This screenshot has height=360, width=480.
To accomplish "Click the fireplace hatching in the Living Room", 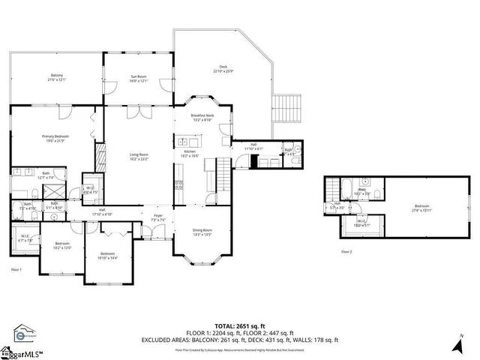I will click(x=98, y=157).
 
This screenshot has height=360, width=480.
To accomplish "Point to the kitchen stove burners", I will click(x=179, y=184).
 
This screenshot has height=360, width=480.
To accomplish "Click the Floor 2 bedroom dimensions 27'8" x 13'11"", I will click(x=423, y=211).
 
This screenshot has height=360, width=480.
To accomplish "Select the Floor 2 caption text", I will click(x=346, y=252).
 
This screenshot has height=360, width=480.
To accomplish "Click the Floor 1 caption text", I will click(x=16, y=268).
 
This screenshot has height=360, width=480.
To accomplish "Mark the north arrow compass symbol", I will click(x=458, y=346).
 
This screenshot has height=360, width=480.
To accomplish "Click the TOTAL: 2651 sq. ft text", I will click(x=240, y=327).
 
